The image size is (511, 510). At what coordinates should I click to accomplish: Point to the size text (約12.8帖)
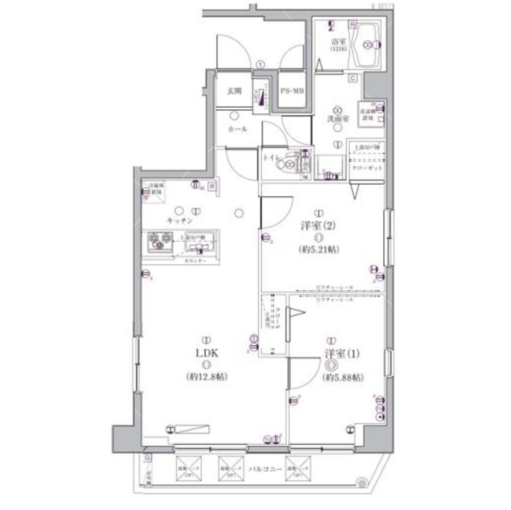(x=206, y=377)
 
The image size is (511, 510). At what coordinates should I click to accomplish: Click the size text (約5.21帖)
(x=320, y=250)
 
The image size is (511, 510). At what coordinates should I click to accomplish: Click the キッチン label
(x=179, y=221)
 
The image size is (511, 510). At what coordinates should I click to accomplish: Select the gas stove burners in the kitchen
(x=160, y=239)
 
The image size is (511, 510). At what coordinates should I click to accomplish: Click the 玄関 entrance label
(x=234, y=92)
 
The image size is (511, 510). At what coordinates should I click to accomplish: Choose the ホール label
(x=237, y=130)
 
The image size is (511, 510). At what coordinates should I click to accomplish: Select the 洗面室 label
(x=338, y=118)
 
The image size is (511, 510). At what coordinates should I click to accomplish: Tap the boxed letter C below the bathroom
(x=353, y=78)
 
